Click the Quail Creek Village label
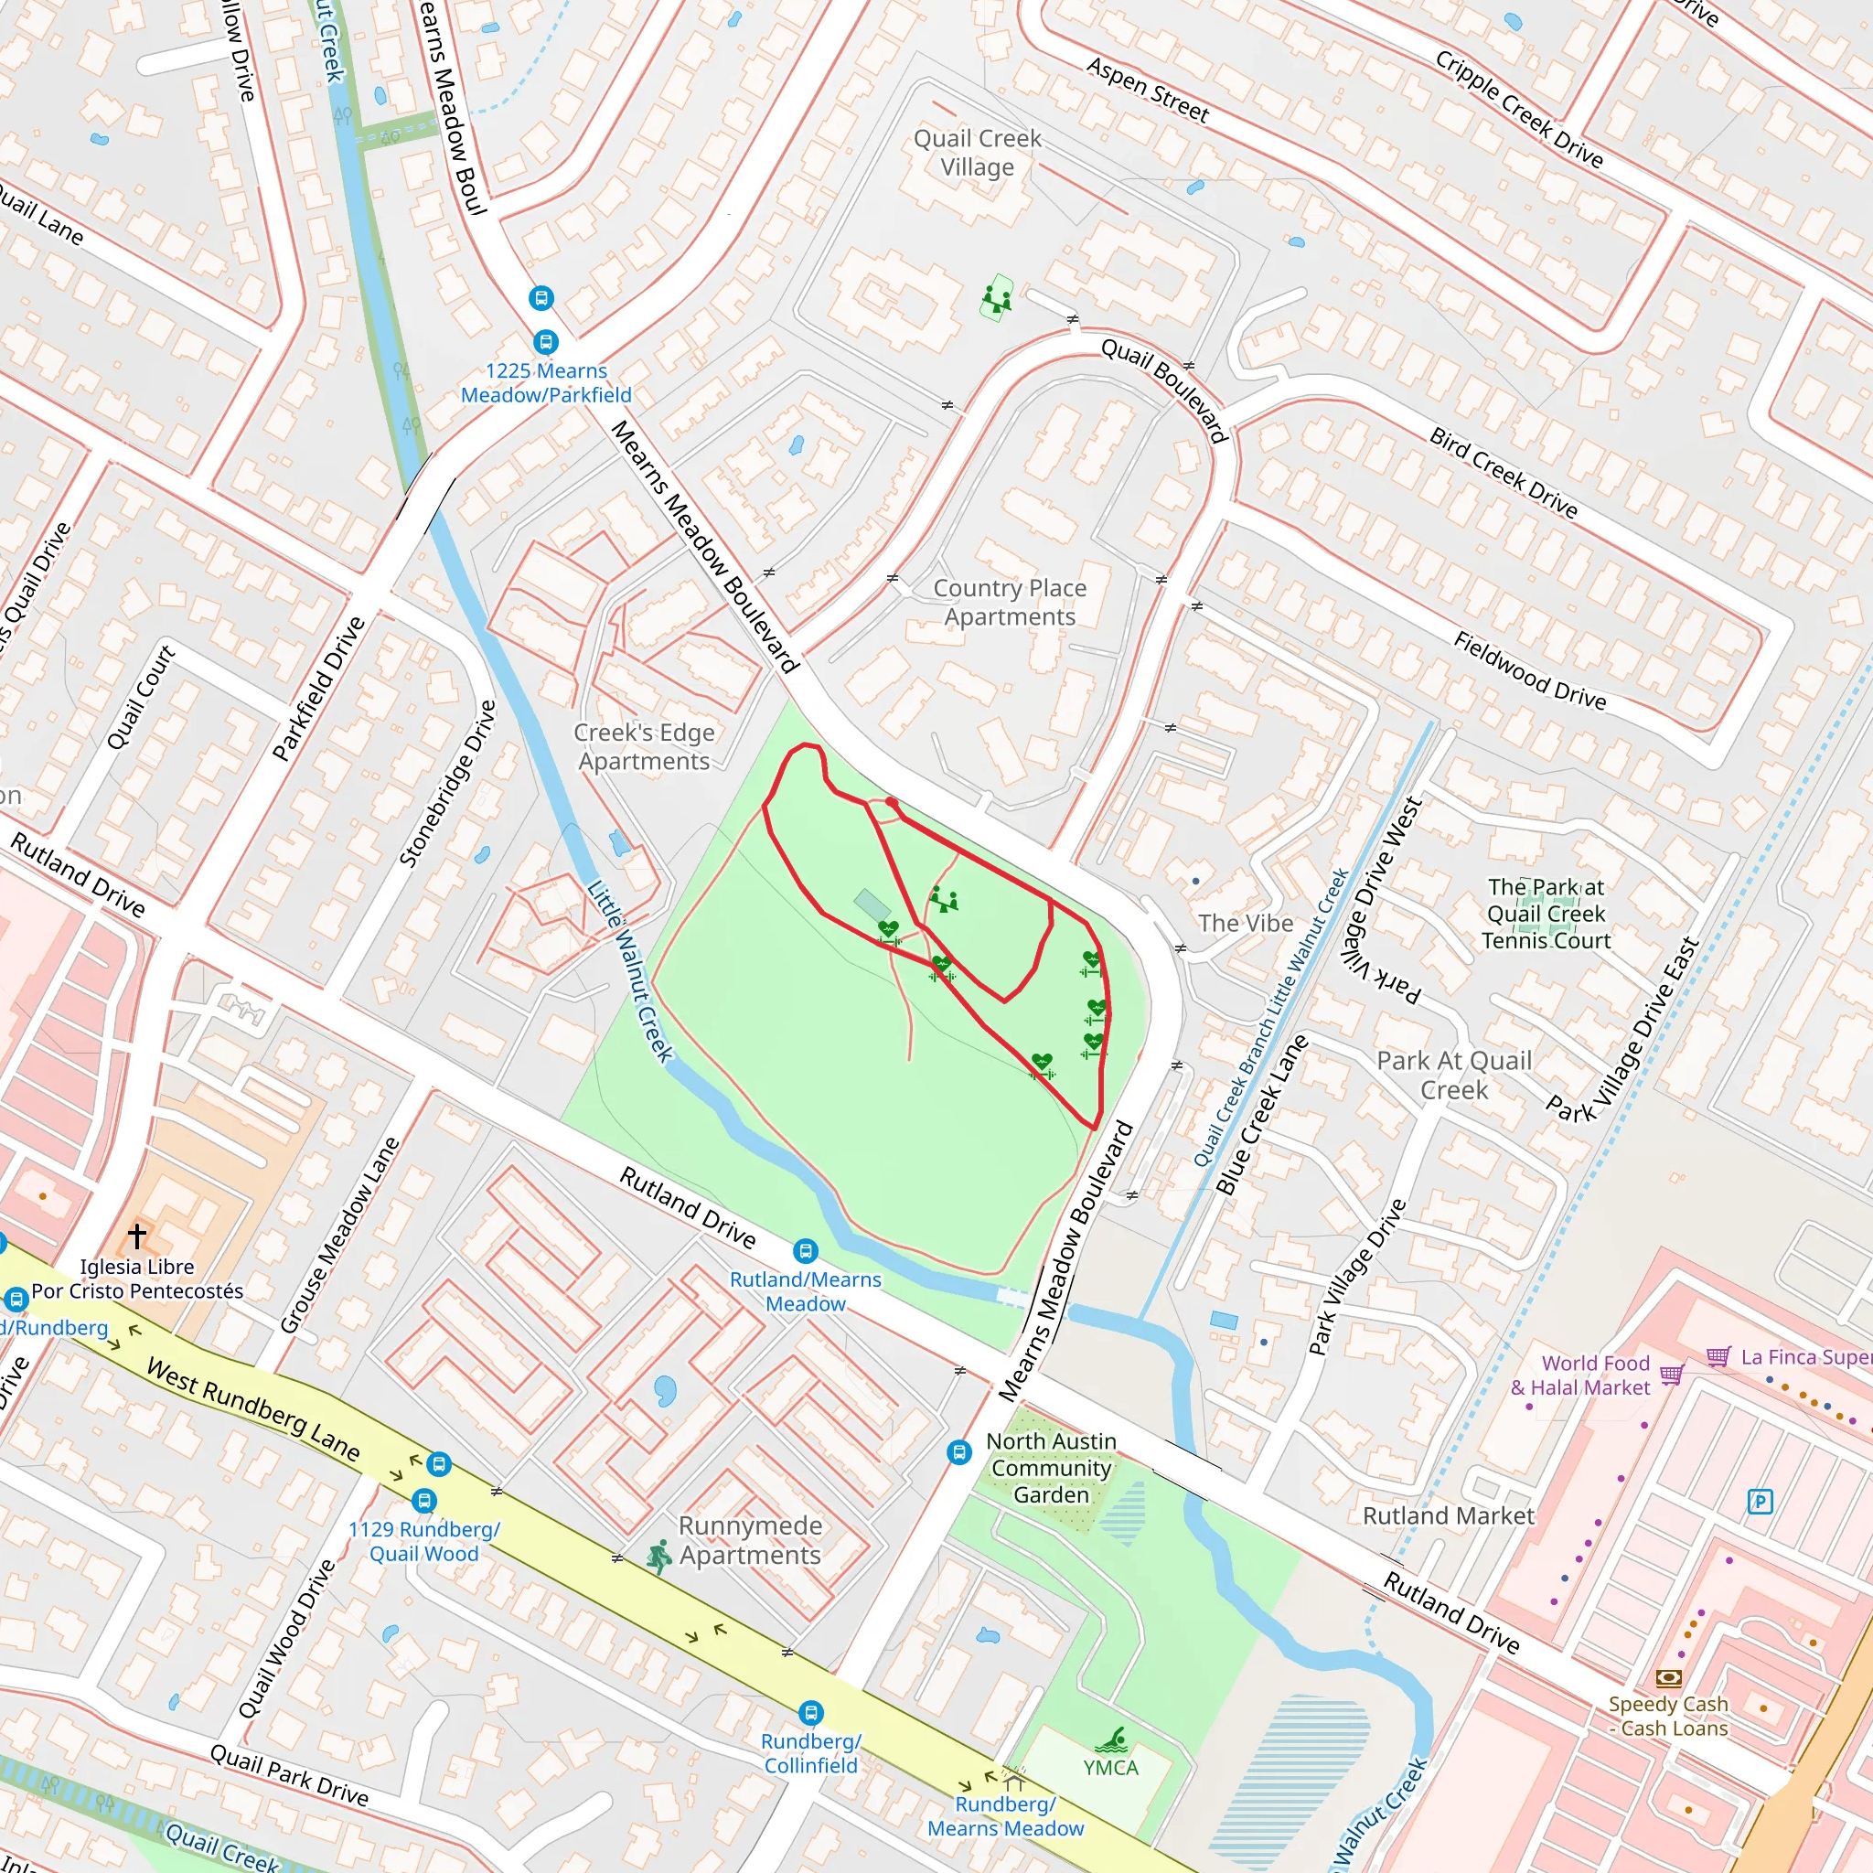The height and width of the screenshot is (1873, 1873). click(978, 153)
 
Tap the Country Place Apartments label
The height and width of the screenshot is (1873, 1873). click(1010, 602)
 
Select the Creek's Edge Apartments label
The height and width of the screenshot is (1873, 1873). click(645, 746)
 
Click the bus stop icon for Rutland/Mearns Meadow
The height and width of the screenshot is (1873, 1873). click(806, 1250)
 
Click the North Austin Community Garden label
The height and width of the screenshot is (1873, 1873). click(1051, 1468)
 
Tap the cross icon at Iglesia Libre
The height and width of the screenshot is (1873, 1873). click(136, 1235)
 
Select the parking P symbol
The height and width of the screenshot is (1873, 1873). click(1760, 1502)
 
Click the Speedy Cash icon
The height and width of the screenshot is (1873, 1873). click(1668, 1677)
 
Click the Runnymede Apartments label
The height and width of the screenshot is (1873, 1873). click(750, 1539)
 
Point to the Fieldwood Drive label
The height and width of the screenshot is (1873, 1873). click(1530, 669)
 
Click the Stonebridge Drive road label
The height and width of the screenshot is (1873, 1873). click(448, 784)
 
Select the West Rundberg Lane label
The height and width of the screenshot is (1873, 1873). click(254, 1410)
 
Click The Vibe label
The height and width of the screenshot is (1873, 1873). click(1245, 923)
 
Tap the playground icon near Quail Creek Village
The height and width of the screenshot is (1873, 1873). click(997, 297)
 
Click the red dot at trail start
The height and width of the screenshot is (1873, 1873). click(891, 803)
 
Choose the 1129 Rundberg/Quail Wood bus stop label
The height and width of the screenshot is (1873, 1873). click(423, 1541)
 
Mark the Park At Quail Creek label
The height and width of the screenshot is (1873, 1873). click(1453, 1075)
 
